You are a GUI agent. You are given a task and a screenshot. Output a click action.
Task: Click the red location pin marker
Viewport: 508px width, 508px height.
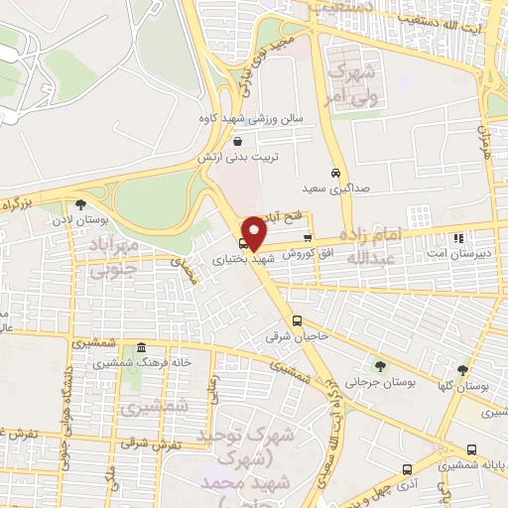pyautogui.click(x=255, y=232)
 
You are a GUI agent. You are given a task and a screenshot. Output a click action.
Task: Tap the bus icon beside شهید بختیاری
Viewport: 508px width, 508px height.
pyautogui.click(x=244, y=243)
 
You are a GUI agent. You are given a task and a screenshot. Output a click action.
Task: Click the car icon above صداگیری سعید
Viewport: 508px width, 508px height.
pyautogui.click(x=338, y=172)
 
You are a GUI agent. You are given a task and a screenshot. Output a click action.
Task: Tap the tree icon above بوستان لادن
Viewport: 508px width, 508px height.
pyautogui.click(x=95, y=193)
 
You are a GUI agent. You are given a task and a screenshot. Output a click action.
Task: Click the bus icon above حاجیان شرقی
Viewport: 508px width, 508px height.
pyautogui.click(x=298, y=319)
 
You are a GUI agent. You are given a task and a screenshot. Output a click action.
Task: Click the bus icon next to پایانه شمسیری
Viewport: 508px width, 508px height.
pyautogui.click(x=470, y=448)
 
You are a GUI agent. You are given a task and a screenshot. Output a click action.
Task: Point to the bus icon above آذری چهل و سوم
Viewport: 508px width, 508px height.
pyautogui.click(x=407, y=468)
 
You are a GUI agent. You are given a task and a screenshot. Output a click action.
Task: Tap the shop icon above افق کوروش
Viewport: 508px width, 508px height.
pyautogui.click(x=308, y=238)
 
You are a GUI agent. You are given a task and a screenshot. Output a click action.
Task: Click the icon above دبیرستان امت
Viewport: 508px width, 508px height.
pyautogui.click(x=457, y=238)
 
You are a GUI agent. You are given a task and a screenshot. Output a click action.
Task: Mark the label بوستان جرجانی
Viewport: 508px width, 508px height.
pyautogui.click(x=384, y=382)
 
